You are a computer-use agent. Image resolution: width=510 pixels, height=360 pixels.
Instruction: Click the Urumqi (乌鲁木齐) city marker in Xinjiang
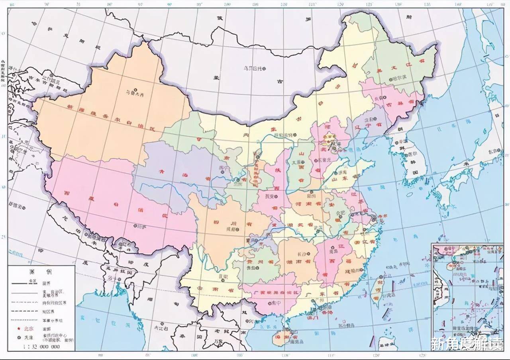136,90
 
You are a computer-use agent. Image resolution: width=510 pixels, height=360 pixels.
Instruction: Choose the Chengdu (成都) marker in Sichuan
237,229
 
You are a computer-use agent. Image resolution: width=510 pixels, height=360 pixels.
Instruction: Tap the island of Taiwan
376,291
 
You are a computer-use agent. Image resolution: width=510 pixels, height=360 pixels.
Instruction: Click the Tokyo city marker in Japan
490,151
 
